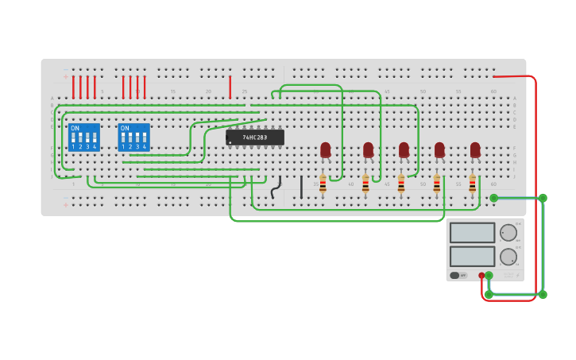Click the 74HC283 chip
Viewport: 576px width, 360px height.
254,137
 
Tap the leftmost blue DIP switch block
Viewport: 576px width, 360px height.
84,137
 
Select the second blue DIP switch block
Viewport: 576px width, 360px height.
133,137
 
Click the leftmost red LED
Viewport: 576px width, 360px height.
325,149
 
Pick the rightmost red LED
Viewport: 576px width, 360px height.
475,149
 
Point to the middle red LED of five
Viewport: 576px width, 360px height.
404,149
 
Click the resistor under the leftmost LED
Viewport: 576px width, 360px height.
323,184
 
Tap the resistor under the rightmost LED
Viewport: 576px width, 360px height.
472,184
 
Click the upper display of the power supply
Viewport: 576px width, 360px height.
472,233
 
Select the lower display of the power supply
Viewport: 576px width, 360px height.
472,256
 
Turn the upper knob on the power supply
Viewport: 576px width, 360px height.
508,233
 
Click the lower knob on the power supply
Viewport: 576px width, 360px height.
508,257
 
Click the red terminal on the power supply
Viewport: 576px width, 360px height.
481,275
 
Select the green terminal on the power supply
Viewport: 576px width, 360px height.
489,275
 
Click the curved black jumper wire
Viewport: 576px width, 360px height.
276,188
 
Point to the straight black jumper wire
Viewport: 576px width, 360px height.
301,188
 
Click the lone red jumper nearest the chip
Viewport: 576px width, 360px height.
230,87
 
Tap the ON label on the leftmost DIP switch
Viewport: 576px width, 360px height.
75,128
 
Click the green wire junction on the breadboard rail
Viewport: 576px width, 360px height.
493,198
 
